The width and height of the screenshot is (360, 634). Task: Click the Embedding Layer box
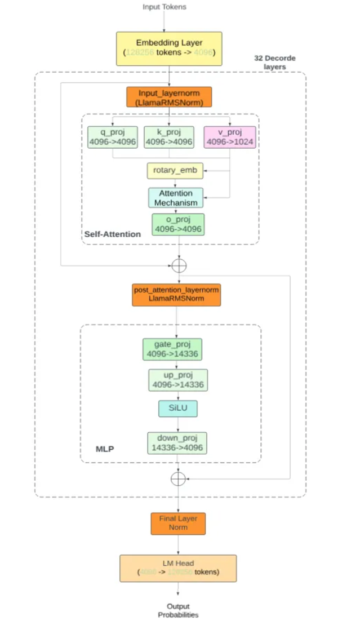(169, 47)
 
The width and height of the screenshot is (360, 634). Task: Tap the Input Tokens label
(165, 7)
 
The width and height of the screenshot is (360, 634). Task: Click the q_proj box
(113, 137)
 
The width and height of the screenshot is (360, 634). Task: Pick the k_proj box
(169, 137)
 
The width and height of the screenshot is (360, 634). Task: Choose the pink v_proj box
(230, 137)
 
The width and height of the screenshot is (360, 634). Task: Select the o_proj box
(178, 224)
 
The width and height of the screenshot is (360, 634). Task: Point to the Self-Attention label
(113, 234)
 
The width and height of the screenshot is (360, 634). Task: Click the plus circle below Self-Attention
(179, 265)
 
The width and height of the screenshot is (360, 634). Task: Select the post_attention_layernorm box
(176, 295)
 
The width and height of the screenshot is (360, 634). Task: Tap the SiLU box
(177, 409)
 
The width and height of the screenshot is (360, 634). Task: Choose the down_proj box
(177, 444)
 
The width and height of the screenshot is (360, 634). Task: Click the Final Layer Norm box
(178, 524)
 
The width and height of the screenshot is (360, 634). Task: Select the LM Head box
(177, 568)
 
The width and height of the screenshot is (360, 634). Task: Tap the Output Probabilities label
(178, 611)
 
